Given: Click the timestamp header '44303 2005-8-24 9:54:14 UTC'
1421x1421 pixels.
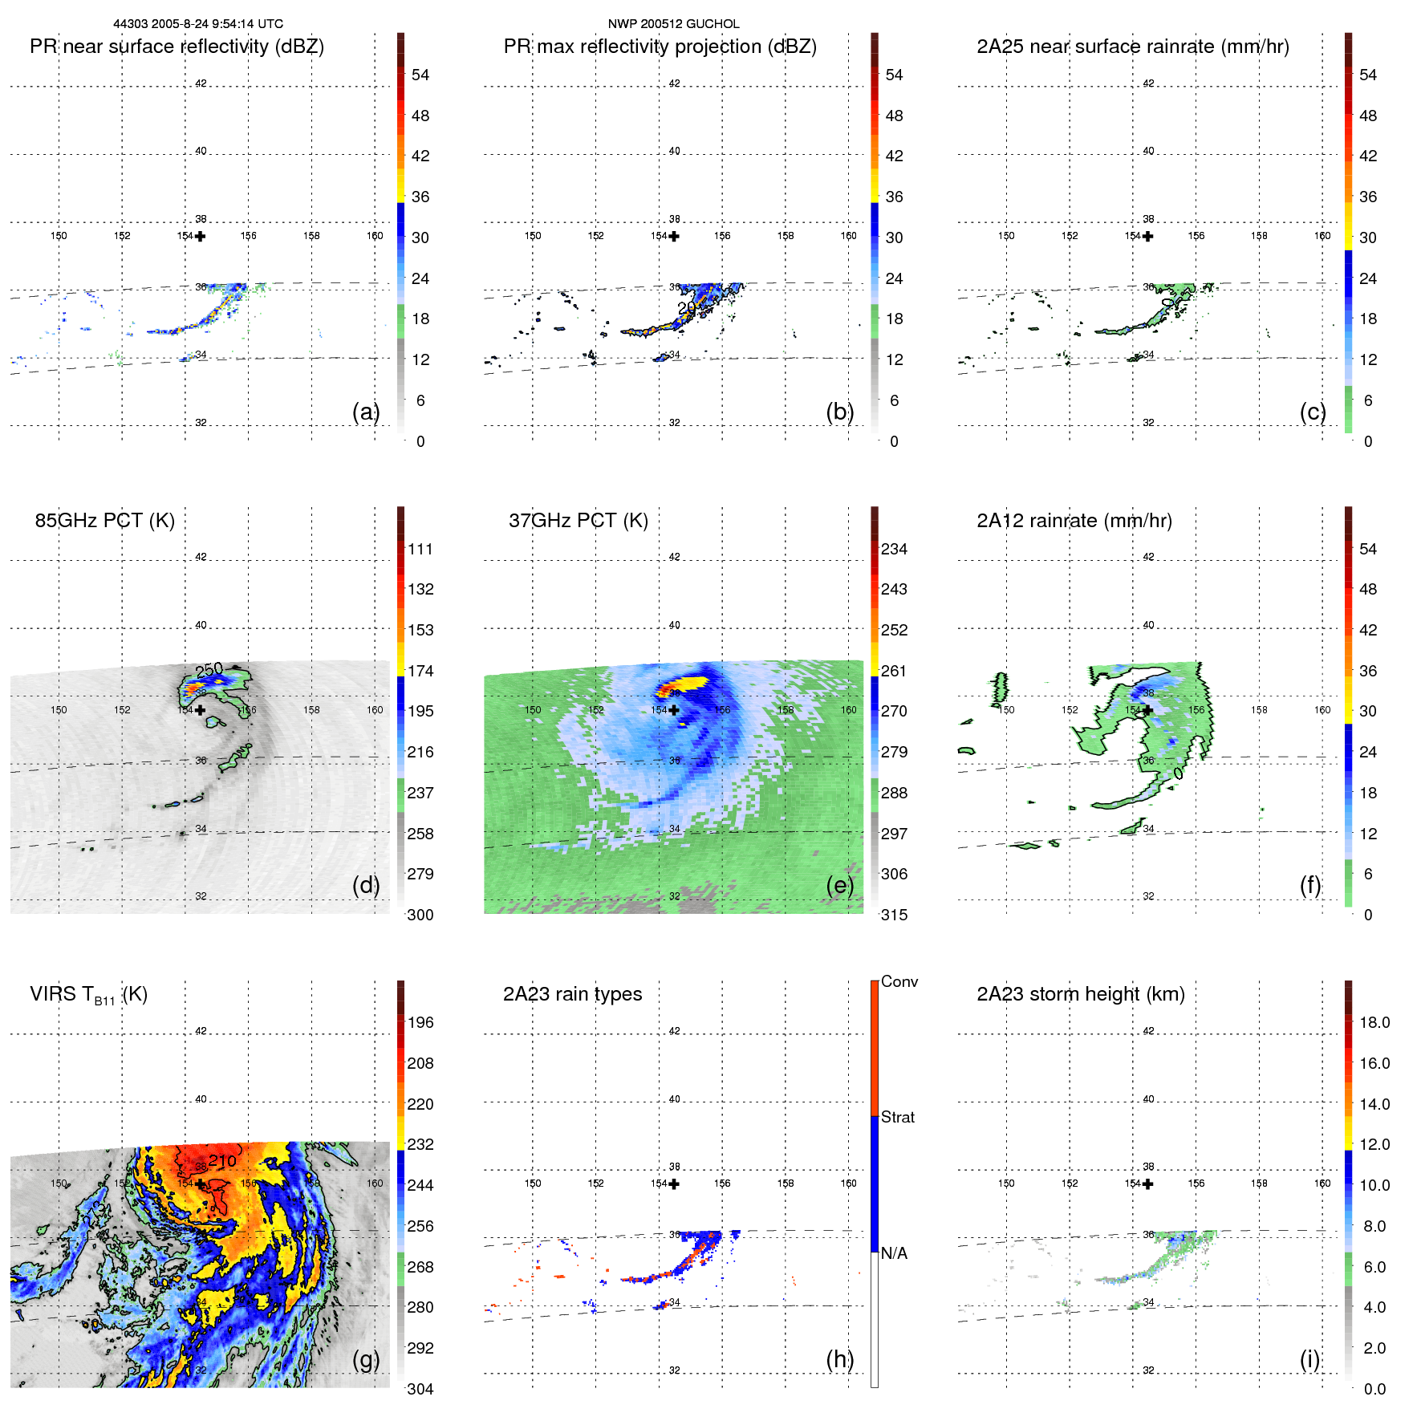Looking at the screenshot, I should click(198, 24).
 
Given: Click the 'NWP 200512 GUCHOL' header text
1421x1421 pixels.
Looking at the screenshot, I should click(673, 24).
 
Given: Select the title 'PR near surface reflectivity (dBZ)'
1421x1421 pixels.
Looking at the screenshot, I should click(177, 47).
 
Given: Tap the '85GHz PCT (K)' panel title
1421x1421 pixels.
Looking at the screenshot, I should click(104, 521).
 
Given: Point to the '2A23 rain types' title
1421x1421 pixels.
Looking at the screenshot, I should click(572, 994).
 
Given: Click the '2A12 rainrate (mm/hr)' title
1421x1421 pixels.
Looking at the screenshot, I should click(1074, 521).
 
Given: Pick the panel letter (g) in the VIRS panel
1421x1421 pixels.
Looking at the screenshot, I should click(366, 1359).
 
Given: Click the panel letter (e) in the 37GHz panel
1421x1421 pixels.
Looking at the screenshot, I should click(840, 885).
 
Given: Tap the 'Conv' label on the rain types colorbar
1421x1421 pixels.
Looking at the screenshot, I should click(899, 981).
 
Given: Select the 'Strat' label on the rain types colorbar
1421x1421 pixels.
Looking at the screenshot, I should click(897, 1117).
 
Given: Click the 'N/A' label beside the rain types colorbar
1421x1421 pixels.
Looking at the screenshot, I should click(894, 1253).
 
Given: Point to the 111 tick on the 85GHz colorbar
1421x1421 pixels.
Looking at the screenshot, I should click(420, 550).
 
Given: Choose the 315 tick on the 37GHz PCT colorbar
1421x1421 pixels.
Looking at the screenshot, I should click(894, 915).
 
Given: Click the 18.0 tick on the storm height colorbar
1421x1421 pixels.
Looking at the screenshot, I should click(1374, 1022).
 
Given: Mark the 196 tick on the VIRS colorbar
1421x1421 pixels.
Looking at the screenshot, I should click(420, 1022).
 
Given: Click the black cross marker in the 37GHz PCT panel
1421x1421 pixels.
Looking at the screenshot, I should click(674, 710).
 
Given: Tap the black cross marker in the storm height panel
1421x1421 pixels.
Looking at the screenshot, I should click(1148, 1183).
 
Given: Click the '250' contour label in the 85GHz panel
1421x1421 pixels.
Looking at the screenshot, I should click(209, 669).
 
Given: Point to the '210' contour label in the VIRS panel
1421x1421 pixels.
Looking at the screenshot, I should click(222, 1160).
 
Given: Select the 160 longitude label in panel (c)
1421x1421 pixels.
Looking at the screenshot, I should click(1322, 236).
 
